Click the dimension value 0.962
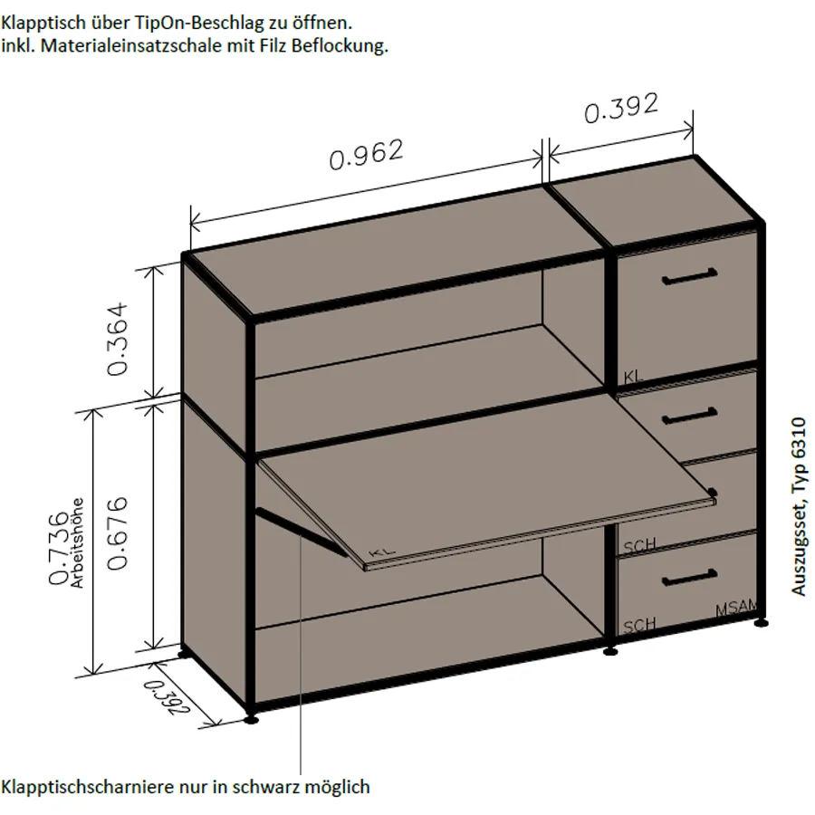tap(367, 154)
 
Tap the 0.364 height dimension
tap(118, 339)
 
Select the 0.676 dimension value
tap(118, 532)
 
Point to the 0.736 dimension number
tap(58, 549)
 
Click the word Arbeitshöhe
tap(78, 543)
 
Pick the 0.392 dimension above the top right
tap(621, 109)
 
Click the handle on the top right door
tap(690, 276)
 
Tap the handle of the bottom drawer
tap(689, 577)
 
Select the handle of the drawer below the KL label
tap(689, 417)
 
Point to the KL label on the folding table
tap(382, 551)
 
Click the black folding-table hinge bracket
tap(302, 532)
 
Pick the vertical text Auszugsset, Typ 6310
tap(799, 505)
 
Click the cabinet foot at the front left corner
tap(251, 719)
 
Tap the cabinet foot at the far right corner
tap(761, 621)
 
